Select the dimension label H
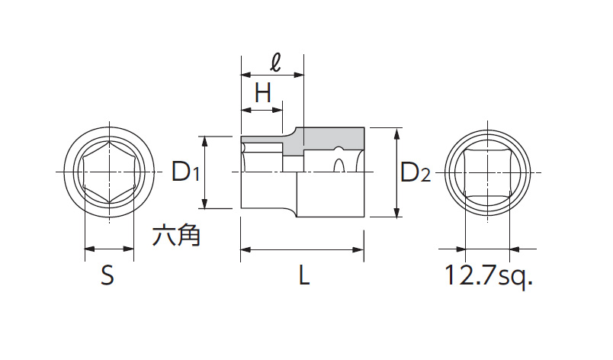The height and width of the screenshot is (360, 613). pos(263,93)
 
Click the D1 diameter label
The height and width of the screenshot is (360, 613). pos(185,172)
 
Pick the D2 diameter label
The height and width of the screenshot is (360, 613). pos(416,174)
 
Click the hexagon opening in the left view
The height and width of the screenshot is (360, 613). pos(109,173)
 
